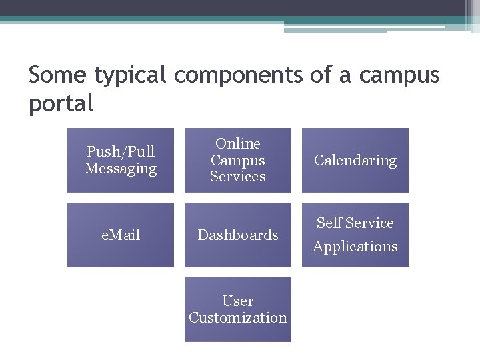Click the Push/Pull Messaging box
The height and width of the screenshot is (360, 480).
point(121,160)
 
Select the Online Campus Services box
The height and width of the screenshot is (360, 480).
point(238,160)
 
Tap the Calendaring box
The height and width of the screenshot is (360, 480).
point(355,160)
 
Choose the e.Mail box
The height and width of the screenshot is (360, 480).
point(121,235)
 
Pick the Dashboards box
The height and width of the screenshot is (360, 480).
point(238,235)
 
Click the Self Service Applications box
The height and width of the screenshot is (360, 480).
point(355,235)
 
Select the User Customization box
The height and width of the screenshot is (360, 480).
point(238,309)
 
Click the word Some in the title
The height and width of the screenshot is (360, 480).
point(58,75)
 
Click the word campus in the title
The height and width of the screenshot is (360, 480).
point(399,76)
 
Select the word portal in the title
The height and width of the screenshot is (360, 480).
point(61,104)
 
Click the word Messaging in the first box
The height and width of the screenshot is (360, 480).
point(121,169)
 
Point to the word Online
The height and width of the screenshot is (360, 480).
point(238,143)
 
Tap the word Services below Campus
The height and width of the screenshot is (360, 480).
point(238,177)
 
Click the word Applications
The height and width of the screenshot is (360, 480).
point(355,247)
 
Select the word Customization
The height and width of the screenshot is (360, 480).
point(238,318)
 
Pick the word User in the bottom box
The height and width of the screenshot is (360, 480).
point(238,301)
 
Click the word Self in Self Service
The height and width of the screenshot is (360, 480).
point(329,223)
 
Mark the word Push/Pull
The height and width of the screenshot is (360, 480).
point(121,151)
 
